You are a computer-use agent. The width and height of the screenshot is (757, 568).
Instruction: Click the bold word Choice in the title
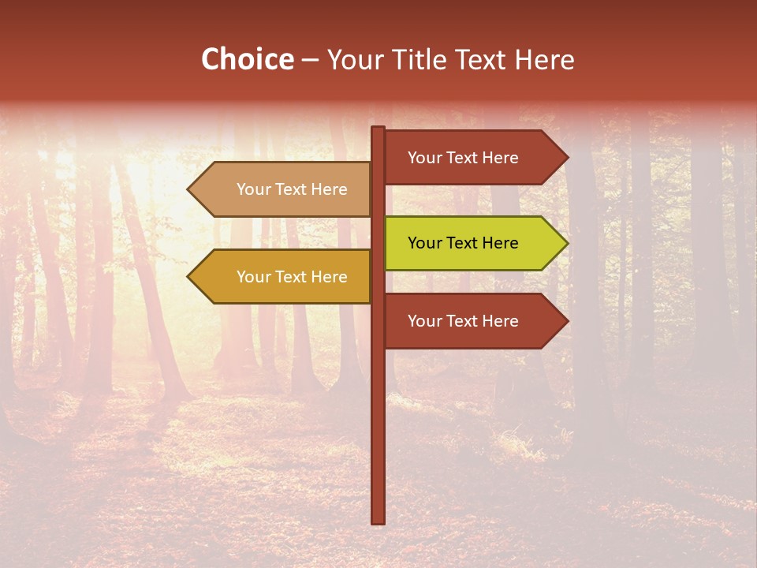tap(247, 60)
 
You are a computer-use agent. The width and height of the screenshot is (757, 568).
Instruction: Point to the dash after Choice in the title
tap(310, 61)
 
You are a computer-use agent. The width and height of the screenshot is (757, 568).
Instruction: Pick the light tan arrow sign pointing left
tap(284, 189)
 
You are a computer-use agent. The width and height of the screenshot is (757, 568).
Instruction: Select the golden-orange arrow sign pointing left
tap(284, 277)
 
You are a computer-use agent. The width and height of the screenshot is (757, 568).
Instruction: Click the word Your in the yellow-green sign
tap(424, 243)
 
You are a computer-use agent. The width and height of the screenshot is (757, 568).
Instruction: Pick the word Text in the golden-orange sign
tap(291, 277)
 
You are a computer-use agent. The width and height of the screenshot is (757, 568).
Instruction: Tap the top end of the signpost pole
tap(378, 129)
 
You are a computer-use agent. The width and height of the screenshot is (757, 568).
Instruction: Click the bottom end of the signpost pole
tap(378, 521)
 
